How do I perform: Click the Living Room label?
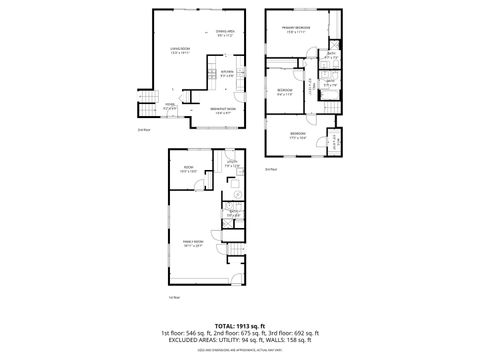pyautogui.click(x=181, y=51)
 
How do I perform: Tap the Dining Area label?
pyautogui.click(x=226, y=34)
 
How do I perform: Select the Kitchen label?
pyautogui.click(x=227, y=73)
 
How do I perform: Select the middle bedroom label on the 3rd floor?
pyautogui.click(x=284, y=91)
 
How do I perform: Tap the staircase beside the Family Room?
pyautogui.click(x=235, y=266)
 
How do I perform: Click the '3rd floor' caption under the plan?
pyautogui.click(x=271, y=169)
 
